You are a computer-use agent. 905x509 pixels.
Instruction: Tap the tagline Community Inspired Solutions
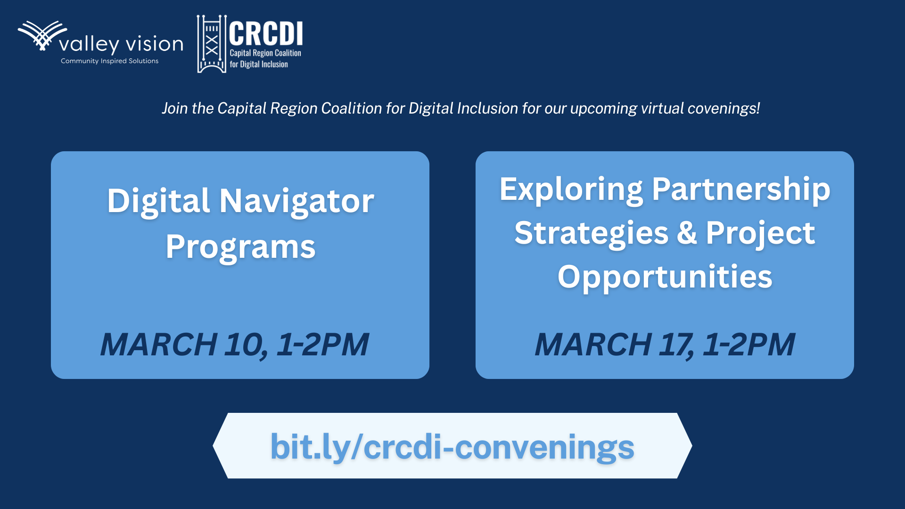[109, 61]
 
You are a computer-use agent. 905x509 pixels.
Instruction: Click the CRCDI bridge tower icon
[212, 44]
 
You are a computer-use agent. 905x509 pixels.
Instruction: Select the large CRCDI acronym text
[266, 33]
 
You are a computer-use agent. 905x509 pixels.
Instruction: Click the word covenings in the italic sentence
[724, 108]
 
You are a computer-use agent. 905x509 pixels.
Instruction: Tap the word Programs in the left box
[240, 247]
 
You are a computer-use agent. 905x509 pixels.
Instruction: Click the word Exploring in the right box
[571, 189]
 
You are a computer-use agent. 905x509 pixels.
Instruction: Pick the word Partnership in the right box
[741, 189]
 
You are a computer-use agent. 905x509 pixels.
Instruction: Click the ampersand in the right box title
[687, 233]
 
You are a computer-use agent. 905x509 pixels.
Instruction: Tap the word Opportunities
[665, 277]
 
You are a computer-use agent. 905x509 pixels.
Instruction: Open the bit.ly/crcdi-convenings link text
[452, 447]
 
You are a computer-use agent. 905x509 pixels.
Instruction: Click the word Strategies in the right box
[592, 233]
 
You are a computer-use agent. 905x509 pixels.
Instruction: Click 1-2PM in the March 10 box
[322, 345]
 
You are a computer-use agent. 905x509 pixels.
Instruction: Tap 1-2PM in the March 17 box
[749, 345]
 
